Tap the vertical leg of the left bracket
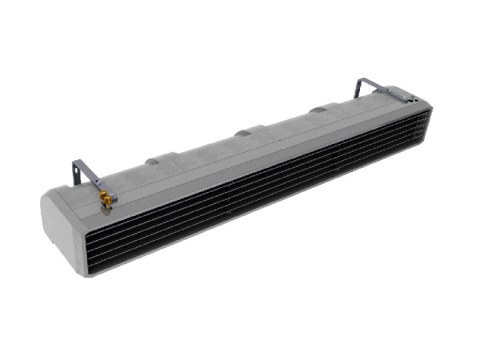[76, 172]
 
